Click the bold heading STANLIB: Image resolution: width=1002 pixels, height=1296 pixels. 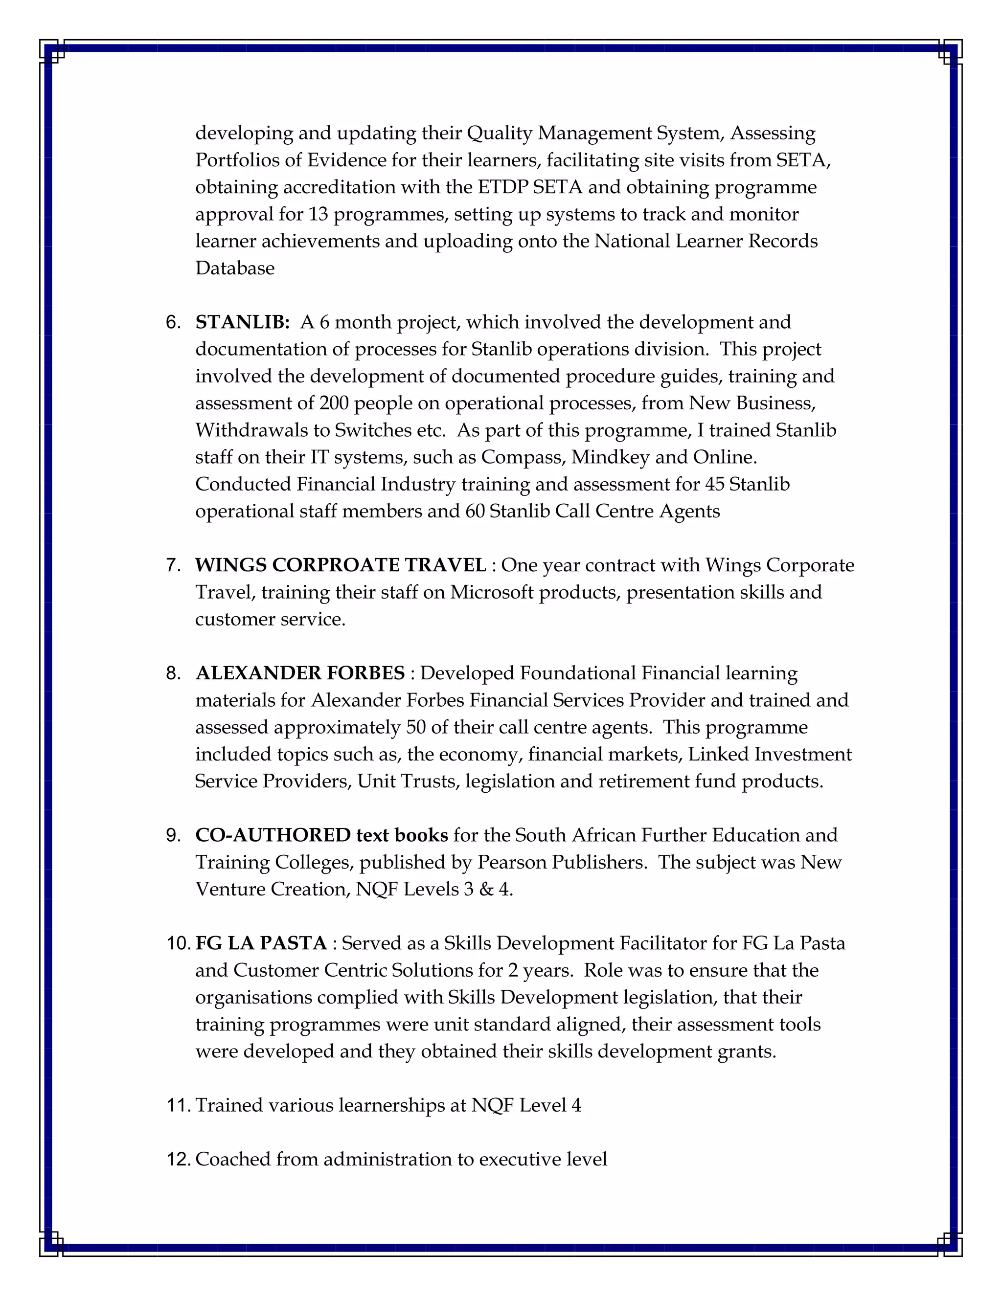242,322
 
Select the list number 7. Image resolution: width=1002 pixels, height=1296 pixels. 173,565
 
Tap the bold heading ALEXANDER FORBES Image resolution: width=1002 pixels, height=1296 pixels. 300,673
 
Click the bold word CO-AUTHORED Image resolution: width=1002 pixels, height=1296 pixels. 273,835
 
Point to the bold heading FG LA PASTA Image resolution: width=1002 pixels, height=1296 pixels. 261,943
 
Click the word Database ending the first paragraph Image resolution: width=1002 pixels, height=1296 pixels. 234,268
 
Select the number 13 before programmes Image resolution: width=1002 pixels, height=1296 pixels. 318,214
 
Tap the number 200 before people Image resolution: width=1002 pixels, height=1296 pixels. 334,403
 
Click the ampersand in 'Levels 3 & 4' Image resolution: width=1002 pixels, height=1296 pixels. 486,890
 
